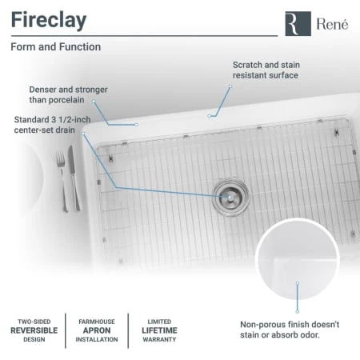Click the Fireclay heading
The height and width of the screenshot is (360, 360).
tap(49, 21)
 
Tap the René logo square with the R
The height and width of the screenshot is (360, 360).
tap(298, 23)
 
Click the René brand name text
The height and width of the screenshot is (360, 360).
tap(332, 24)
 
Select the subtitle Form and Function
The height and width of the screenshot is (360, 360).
tap(56, 47)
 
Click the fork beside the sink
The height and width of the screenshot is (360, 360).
tap(62, 181)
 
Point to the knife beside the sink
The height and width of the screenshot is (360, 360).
tap(74, 178)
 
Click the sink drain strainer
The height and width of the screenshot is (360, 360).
tap(230, 197)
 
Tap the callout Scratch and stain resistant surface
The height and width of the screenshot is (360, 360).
tap(266, 70)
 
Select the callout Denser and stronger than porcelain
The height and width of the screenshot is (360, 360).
tap(68, 94)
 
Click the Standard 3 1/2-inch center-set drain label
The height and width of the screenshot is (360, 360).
tap(52, 125)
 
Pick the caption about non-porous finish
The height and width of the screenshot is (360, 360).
tap(290, 330)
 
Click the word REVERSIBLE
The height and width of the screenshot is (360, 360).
tap(34, 330)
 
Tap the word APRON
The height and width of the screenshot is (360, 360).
tap(97, 330)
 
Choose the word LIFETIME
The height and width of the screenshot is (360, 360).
tap(159, 330)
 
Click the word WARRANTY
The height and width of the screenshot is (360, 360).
tap(159, 339)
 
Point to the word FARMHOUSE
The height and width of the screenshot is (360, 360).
tap(97, 322)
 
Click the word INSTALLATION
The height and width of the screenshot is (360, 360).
tap(97, 339)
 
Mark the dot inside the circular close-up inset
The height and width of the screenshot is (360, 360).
tap(298, 283)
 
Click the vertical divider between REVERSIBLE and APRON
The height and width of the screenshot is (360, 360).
tap(66, 330)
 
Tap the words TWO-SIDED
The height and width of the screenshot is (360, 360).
tap(34, 322)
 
